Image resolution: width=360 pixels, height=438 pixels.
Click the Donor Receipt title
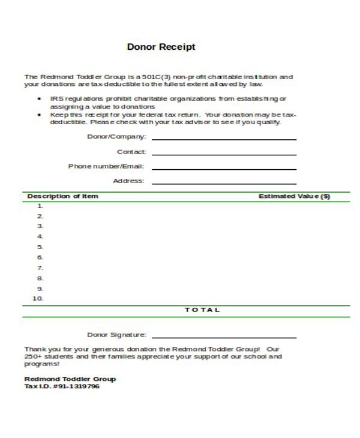tap(161, 47)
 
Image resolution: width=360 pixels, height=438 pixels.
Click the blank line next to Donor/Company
tap(224, 139)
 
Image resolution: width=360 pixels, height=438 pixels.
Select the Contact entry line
tap(224, 154)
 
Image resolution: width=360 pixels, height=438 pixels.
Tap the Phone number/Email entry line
tap(224, 169)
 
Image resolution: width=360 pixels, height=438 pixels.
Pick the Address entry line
tap(224, 183)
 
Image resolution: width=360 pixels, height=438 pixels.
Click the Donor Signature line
tap(224, 337)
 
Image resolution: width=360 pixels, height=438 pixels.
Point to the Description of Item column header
tap(62, 196)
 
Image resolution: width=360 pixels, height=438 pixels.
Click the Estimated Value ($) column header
tap(294, 196)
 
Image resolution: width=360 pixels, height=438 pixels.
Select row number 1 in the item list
tap(41, 206)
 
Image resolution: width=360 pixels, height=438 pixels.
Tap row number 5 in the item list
tap(41, 247)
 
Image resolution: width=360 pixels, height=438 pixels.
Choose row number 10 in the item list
tap(38, 299)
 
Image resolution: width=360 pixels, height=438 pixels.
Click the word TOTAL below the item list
tap(202, 310)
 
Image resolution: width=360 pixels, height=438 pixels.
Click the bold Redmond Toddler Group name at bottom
tap(70, 379)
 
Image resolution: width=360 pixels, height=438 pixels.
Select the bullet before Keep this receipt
tap(40, 114)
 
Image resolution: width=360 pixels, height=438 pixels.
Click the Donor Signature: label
tap(116, 335)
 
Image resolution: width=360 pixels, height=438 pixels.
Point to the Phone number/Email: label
tap(106, 166)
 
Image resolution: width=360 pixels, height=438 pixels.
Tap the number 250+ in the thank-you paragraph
tap(32, 356)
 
